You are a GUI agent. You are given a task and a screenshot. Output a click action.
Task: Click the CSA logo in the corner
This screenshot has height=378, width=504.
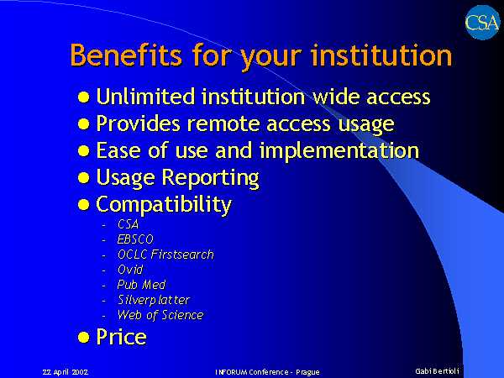[482, 23]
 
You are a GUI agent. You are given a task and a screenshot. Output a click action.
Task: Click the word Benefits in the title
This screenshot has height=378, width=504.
[126, 55]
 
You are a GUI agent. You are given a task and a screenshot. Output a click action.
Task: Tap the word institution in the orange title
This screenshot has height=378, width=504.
[381, 55]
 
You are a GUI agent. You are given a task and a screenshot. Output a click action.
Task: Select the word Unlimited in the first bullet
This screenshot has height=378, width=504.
[145, 96]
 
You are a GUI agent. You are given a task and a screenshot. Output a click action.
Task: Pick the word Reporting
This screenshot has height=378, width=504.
[210, 178]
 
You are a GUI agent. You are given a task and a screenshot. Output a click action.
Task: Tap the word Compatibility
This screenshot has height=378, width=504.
[164, 205]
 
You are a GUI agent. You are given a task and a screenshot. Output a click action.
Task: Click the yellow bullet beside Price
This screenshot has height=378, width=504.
[83, 338]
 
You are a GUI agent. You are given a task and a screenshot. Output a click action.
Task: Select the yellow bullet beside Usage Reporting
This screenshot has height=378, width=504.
[83, 177]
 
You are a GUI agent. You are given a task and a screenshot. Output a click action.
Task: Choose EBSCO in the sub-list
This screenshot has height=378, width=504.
[135, 239]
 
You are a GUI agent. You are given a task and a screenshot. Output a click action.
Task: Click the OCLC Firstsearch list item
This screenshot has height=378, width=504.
[165, 255]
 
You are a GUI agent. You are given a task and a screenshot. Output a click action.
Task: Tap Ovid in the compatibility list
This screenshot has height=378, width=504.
[130, 270]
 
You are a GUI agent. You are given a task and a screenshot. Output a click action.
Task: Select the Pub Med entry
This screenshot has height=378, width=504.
[141, 285]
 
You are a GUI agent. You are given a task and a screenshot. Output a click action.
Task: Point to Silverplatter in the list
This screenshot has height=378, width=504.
[154, 300]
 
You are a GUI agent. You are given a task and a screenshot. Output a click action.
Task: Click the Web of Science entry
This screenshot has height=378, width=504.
[160, 315]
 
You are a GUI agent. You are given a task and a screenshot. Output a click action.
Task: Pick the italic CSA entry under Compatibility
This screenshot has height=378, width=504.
[128, 224]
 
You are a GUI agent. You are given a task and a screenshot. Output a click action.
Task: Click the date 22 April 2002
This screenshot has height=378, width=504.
[66, 372]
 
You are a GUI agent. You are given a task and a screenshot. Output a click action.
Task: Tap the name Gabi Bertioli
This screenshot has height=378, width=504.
[437, 371]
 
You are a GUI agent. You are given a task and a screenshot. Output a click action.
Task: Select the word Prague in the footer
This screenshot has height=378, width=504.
[307, 372]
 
